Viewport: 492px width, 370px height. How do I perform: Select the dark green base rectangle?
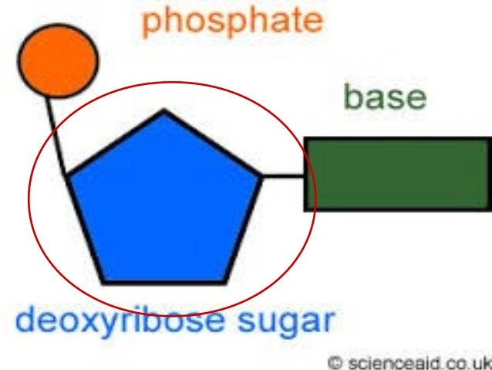click(396, 174)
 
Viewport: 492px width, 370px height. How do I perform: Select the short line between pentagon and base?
click(283, 176)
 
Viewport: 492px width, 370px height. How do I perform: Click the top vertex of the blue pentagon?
click(163, 112)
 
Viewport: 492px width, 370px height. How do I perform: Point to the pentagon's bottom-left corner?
click(104, 282)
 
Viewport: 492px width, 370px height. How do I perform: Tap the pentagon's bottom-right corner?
click(227, 282)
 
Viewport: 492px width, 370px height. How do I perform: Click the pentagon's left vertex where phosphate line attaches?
click(67, 178)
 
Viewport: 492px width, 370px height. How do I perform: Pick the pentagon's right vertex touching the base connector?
click(262, 177)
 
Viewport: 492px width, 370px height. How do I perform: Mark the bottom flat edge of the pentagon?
click(165, 282)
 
